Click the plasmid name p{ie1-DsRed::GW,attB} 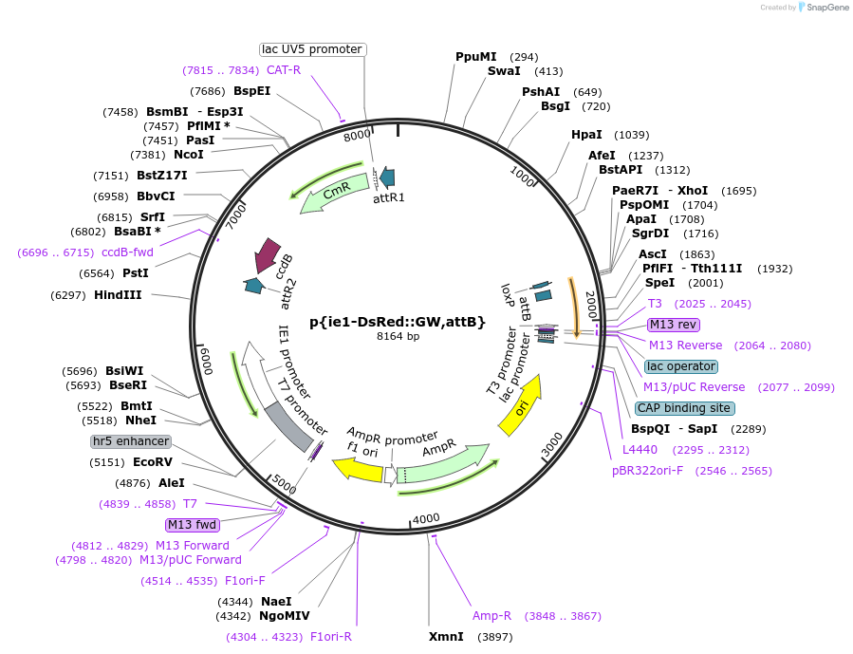tap(397, 322)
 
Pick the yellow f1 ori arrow tap(357, 468)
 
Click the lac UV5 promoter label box tap(312, 49)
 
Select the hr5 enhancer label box tap(131, 441)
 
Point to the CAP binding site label tap(684, 408)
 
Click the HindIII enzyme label tap(118, 295)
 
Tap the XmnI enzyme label tap(446, 636)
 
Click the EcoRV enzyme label tap(153, 462)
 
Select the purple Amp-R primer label tap(491, 616)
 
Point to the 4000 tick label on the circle tap(426, 518)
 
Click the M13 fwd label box tap(193, 525)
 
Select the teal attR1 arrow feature tap(387, 177)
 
